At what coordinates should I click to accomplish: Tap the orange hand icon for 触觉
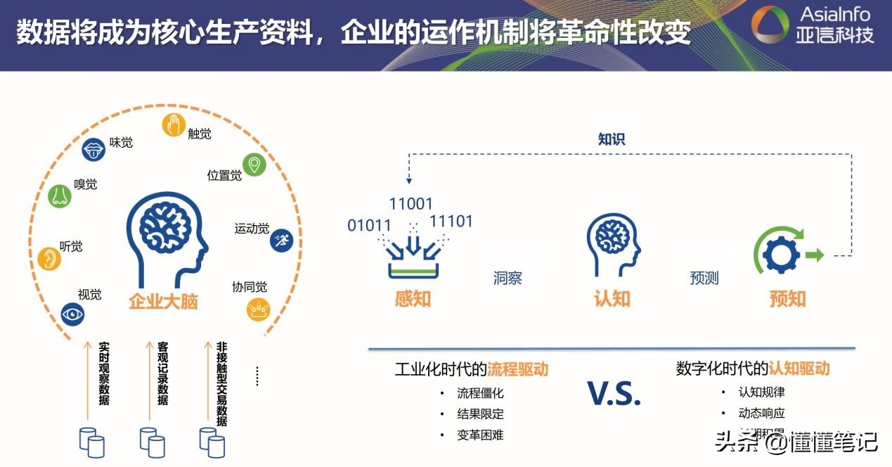[173, 124]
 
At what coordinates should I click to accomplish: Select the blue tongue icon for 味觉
[93, 149]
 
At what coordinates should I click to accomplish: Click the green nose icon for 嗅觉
[60, 196]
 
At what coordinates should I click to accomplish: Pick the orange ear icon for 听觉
[49, 258]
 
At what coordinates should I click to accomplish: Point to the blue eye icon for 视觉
[72, 314]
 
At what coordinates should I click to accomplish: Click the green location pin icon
[254, 165]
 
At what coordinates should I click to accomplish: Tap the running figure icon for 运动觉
[281, 240]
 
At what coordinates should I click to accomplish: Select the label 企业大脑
[163, 302]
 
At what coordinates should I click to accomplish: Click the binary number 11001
[411, 205]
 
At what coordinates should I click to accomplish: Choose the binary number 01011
[370, 226]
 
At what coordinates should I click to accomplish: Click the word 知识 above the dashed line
[612, 139]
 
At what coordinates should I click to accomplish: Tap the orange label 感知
[413, 299]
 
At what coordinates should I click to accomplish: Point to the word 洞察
[508, 278]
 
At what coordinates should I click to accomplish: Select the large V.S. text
[614, 395]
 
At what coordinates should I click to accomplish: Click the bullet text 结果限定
[480, 414]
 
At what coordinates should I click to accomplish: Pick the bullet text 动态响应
[761, 413]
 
